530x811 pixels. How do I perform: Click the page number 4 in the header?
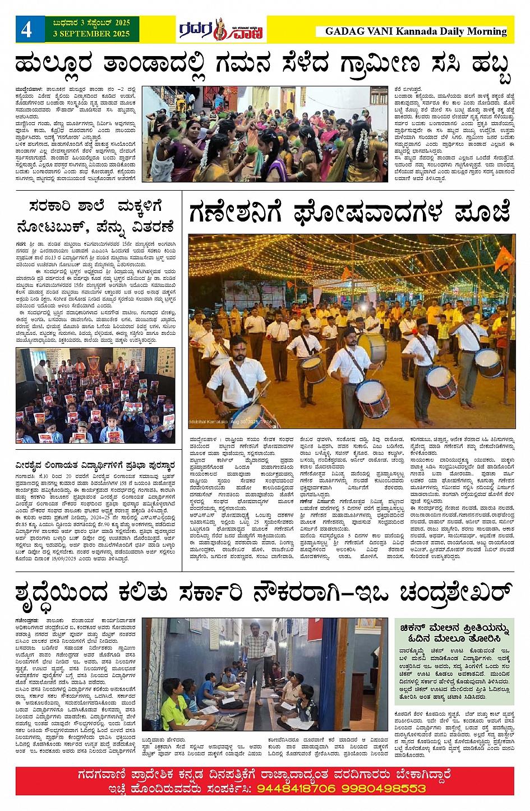pos(26,29)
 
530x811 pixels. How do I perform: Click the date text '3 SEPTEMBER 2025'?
pos(91,34)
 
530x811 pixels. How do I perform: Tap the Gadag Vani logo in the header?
pos(221,30)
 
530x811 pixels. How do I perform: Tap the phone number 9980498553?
pos(381,788)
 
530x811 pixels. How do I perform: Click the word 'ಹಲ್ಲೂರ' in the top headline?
pos(53,65)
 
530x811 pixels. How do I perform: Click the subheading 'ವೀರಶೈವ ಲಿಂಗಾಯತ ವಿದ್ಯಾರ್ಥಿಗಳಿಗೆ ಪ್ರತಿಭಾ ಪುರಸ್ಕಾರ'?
pos(95,465)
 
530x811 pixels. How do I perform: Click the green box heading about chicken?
pos(454,633)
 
